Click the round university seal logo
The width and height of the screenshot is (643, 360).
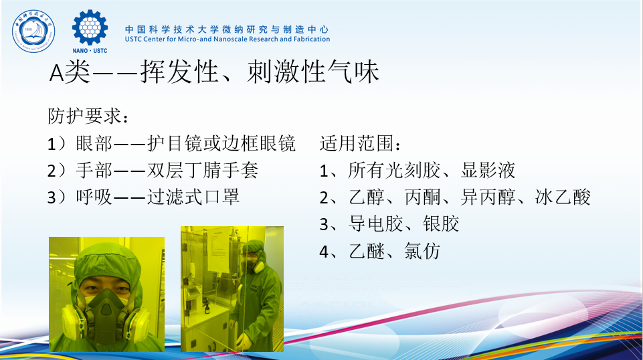click(33, 31)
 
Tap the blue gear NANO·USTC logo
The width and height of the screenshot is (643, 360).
click(90, 31)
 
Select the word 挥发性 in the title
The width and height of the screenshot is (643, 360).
click(179, 72)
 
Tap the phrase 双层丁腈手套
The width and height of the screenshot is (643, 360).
click(203, 170)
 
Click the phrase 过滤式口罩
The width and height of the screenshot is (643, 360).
click(193, 197)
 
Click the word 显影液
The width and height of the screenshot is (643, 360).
click(488, 170)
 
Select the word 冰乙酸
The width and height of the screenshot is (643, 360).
click(563, 197)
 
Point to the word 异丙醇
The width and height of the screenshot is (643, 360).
click(488, 197)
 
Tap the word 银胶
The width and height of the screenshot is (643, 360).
click(441, 224)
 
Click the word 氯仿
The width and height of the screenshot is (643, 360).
click(422, 251)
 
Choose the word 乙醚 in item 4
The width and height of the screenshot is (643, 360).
click(367, 251)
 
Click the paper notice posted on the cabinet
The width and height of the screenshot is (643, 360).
click(217, 250)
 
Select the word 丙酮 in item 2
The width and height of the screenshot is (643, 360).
click(422, 197)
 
